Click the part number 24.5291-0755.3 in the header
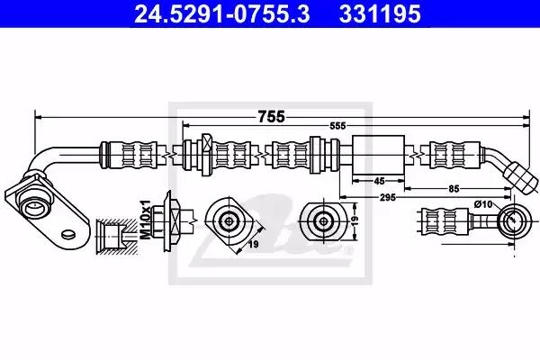(x=221, y=13)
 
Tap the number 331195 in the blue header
(x=380, y=13)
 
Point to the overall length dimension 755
(x=272, y=117)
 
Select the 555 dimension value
(x=337, y=126)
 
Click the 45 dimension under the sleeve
(x=379, y=181)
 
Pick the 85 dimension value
(x=454, y=189)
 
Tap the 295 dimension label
(x=388, y=198)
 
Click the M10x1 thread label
(x=145, y=220)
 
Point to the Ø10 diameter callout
(x=483, y=204)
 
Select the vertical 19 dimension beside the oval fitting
(x=355, y=220)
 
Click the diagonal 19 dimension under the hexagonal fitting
(x=254, y=245)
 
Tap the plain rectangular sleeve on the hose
(x=379, y=156)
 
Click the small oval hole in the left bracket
(x=68, y=234)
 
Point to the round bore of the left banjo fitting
(x=33, y=208)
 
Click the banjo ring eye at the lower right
(x=513, y=220)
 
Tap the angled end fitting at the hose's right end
(x=521, y=178)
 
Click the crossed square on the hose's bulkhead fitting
(x=208, y=141)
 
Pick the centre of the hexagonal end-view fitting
(x=229, y=221)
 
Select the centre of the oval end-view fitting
(x=323, y=220)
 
